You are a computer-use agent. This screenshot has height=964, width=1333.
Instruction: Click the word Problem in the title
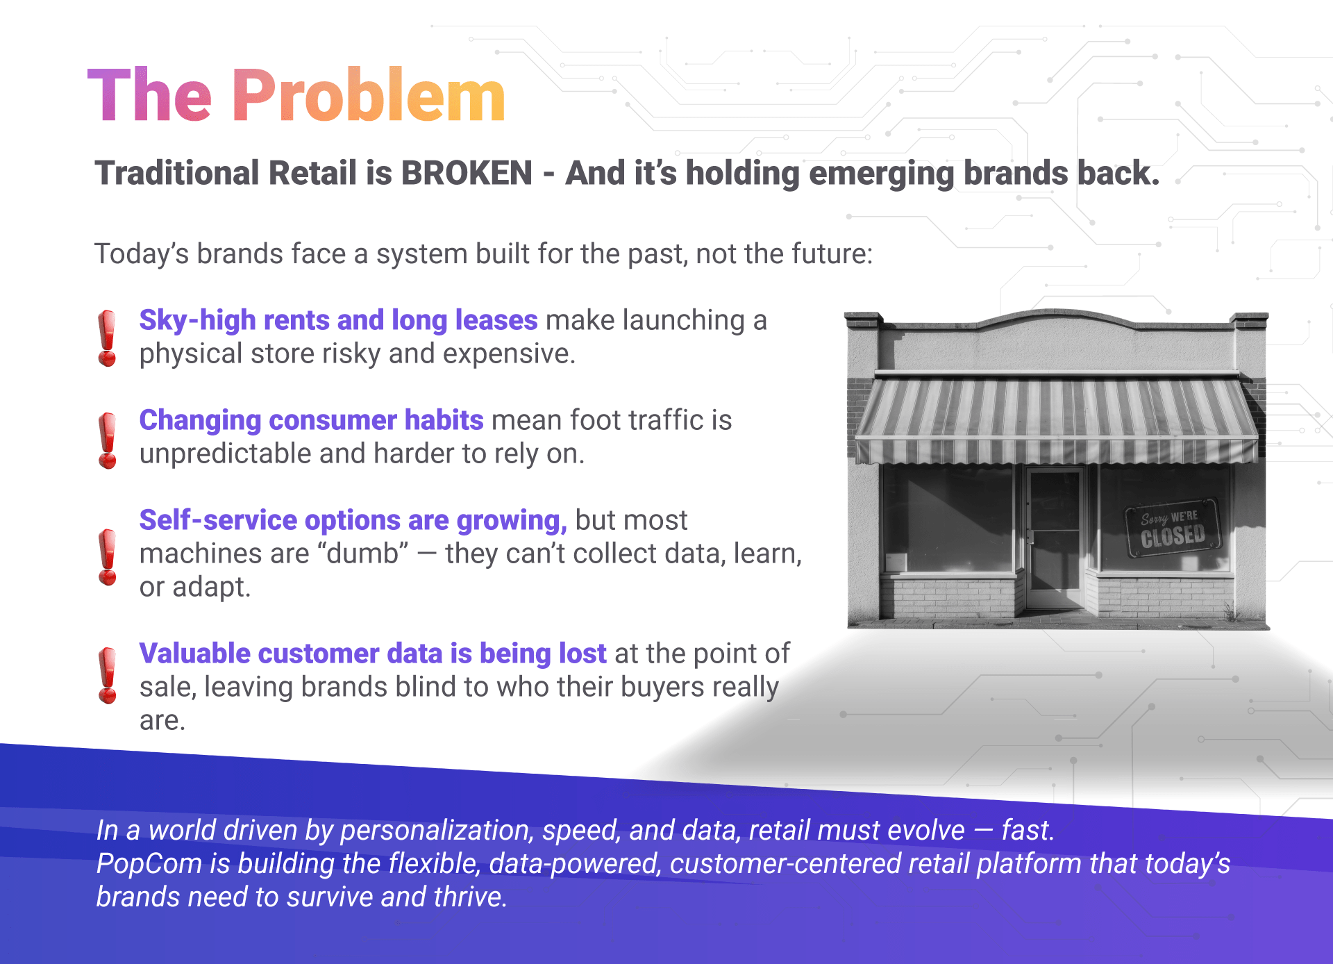pyautogui.click(x=369, y=95)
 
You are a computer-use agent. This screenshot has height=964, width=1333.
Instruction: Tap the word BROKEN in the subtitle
pyautogui.click(x=467, y=173)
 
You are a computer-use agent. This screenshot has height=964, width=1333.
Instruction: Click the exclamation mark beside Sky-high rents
pyautogui.click(x=107, y=338)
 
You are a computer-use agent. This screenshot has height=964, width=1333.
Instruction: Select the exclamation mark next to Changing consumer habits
pyautogui.click(x=108, y=440)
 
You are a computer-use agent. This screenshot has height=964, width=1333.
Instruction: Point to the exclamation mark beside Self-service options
pyautogui.click(x=108, y=557)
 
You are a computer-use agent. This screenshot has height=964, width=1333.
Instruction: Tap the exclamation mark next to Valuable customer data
pyautogui.click(x=108, y=676)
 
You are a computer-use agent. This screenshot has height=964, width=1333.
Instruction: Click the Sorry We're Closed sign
pyautogui.click(x=1173, y=528)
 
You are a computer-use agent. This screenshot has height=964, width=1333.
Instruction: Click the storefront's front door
pyautogui.click(x=1054, y=538)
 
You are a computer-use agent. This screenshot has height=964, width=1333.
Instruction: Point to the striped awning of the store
pyautogui.click(x=1057, y=420)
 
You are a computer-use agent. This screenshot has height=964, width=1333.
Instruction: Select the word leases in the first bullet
pyautogui.click(x=496, y=320)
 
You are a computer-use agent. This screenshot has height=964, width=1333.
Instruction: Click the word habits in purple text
pyautogui.click(x=444, y=420)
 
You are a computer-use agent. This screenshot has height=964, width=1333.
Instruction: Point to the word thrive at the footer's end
pyautogui.click(x=470, y=897)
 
